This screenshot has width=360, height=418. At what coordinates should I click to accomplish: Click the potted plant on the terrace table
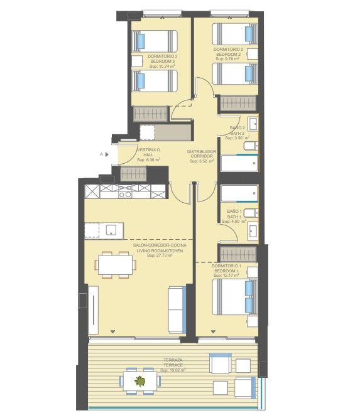(x=140, y=381)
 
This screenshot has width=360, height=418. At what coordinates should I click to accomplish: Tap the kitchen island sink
(x=111, y=230)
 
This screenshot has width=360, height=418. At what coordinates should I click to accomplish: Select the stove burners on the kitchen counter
(x=125, y=191)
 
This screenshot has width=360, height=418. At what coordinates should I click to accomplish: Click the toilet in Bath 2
(x=251, y=146)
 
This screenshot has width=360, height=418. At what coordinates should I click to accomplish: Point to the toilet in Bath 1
(x=251, y=213)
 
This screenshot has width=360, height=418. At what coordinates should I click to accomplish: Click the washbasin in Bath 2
(x=253, y=124)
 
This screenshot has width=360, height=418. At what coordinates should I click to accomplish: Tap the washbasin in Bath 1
(x=253, y=231)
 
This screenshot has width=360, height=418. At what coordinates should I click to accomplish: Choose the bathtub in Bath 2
(x=239, y=163)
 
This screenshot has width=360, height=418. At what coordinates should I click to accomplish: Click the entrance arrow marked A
(x=107, y=154)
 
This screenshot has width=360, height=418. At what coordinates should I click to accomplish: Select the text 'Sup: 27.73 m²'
(x=160, y=255)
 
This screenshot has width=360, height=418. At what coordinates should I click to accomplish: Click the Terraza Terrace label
(x=173, y=363)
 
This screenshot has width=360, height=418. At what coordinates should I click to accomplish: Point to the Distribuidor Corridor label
(x=202, y=154)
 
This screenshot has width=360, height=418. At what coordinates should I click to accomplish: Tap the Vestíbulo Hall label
(x=148, y=153)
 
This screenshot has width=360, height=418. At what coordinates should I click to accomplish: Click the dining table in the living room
(x=115, y=265)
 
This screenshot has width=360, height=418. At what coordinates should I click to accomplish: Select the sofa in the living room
(x=177, y=310)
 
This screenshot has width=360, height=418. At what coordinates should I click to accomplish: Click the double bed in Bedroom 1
(x=235, y=297)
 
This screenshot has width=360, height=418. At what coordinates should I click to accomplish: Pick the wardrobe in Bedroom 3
(x=151, y=114)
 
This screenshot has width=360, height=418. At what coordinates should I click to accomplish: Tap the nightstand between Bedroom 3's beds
(x=137, y=61)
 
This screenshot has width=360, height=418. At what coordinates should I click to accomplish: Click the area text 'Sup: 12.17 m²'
(x=226, y=276)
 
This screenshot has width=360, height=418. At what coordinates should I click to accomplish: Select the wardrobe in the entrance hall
(x=133, y=174)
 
